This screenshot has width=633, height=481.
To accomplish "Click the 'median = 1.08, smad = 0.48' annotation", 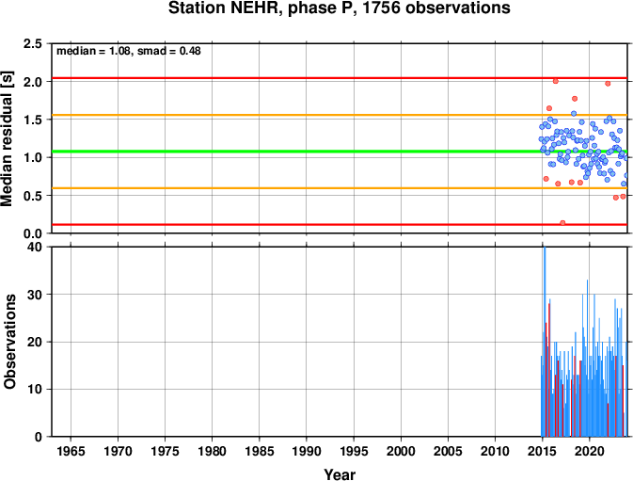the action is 128,51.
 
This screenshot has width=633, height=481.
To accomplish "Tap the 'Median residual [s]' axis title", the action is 8,138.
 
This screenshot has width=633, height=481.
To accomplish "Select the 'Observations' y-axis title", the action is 9,342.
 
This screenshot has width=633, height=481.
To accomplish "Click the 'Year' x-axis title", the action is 340,474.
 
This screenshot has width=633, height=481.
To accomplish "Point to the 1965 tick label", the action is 71,451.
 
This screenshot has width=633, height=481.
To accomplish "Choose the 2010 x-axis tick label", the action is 495,451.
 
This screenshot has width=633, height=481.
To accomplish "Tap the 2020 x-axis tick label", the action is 590,451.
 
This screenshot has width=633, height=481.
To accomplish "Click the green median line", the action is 340,152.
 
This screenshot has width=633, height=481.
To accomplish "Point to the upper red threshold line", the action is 340,78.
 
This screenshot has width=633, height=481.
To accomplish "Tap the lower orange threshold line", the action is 340,188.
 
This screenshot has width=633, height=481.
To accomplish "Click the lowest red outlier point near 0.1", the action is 562,223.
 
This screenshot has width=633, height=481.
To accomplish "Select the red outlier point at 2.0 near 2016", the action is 556,81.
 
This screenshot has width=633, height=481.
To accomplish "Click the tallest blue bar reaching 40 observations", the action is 545,342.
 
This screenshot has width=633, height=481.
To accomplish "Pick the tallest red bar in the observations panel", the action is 549,370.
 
